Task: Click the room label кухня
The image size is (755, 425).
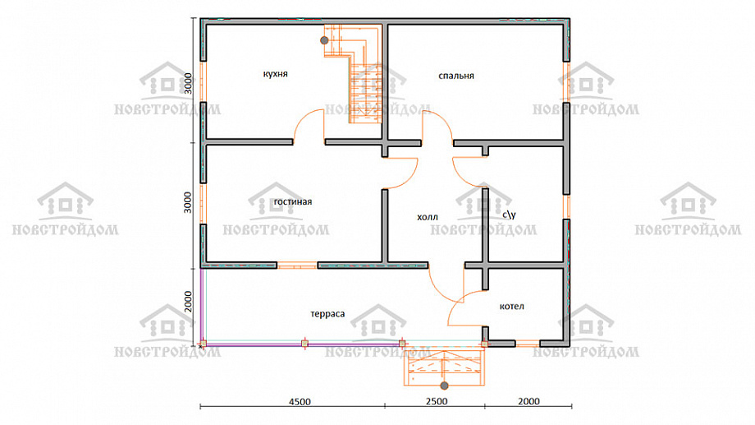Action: pyautogui.click(x=276, y=74)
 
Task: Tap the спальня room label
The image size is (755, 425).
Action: pyautogui.click(x=456, y=76)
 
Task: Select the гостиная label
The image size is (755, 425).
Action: pyautogui.click(x=293, y=201)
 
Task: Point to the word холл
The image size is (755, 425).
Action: pyautogui.click(x=427, y=217)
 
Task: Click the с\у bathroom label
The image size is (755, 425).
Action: pyautogui.click(x=509, y=215)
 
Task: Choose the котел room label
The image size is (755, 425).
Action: pyautogui.click(x=512, y=307)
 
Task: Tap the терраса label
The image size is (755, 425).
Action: pyautogui.click(x=327, y=314)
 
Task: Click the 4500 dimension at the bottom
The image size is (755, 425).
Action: pyautogui.click(x=300, y=401)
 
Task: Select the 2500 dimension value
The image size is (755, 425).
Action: pyautogui.click(x=437, y=401)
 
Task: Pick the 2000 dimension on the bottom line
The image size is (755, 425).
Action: pyautogui.click(x=528, y=401)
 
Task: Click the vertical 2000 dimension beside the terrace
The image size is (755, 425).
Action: pyautogui.click(x=188, y=302)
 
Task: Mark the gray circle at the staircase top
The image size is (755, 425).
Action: pyautogui.click(x=324, y=40)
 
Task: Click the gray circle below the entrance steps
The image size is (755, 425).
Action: pyautogui.click(x=445, y=386)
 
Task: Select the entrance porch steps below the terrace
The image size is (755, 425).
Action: pyautogui.click(x=444, y=366)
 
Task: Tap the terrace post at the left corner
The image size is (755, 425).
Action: pyautogui.click(x=204, y=344)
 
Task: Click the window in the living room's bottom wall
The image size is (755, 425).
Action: pyautogui.click(x=297, y=266)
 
